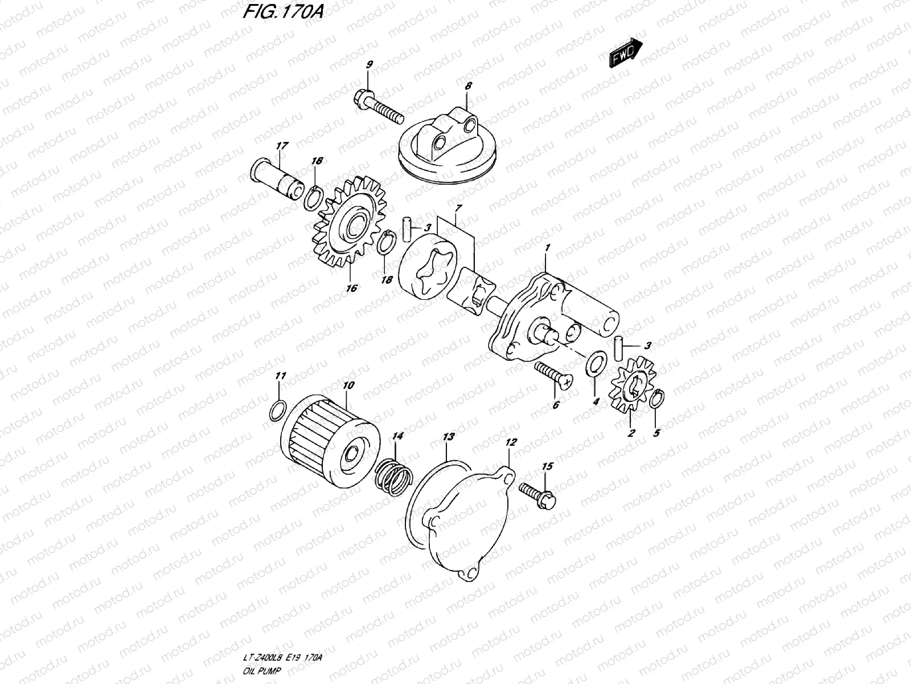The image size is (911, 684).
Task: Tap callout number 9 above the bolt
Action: pyautogui.click(x=368, y=65)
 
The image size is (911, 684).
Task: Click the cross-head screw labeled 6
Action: pyautogui.click(x=553, y=378)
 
